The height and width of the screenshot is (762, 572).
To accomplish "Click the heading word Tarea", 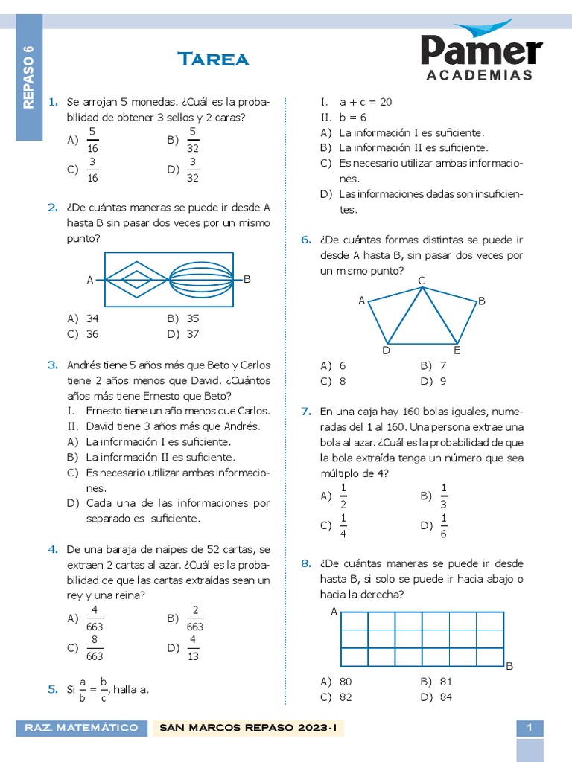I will coord(213,60).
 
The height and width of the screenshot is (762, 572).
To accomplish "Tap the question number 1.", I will coord(53,102).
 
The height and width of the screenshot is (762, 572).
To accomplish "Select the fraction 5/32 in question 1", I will coord(192,140).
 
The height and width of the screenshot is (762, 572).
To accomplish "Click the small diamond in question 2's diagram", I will coord(136,280).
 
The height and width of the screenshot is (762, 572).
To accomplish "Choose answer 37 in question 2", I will coord(192,334).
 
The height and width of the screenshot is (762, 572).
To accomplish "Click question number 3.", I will coord(53,365).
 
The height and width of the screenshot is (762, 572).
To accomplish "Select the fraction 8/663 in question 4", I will coord(95,648).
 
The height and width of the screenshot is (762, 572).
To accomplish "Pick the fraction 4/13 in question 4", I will coord(192,648).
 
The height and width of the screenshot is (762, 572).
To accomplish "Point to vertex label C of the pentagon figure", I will coord(422,281).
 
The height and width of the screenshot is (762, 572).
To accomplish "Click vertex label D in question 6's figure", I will coord(386,350).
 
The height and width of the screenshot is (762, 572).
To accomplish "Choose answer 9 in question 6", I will coord(442,381).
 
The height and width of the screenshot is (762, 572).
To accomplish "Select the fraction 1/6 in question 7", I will coord(444,525).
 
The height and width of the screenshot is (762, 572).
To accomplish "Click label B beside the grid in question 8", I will coord(509,666).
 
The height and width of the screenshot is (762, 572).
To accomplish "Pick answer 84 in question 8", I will coord(445,697).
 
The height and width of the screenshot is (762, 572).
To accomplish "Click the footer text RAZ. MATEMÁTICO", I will coord(82,728).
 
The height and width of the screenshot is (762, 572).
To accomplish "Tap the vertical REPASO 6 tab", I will coord(29,77).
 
